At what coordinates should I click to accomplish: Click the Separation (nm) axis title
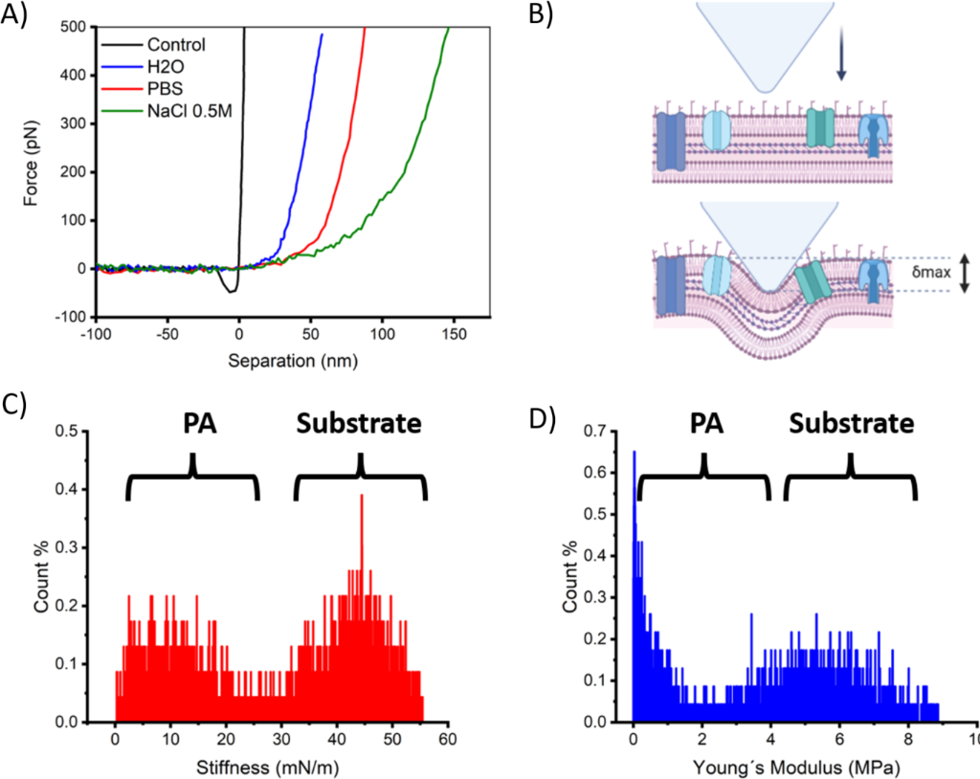pos(287,363)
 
